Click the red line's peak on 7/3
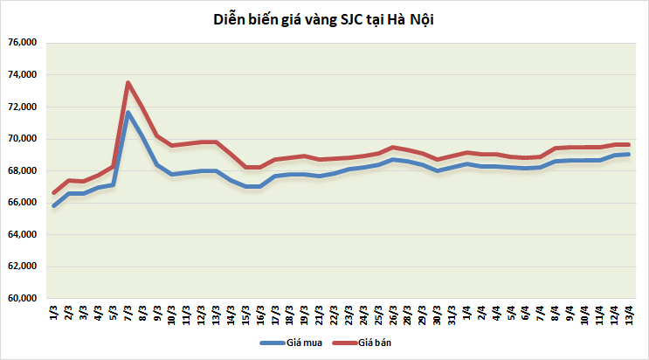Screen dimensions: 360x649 point(128,83)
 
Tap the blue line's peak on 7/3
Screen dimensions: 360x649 point(128,112)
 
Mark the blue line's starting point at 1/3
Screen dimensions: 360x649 point(54,206)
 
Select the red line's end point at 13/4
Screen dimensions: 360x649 point(628,144)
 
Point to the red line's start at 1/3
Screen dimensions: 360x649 point(54,193)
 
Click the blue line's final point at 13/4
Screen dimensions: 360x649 point(628,155)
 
